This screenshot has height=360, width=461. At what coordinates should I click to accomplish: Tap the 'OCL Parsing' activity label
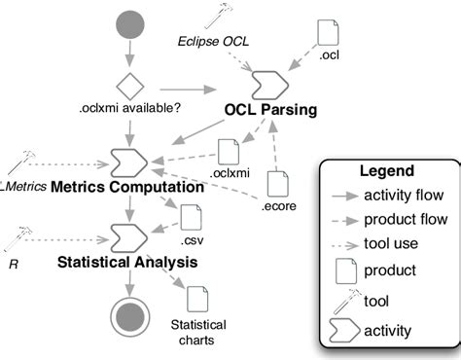(x=270, y=110)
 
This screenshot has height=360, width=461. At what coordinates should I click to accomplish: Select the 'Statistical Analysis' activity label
(x=127, y=262)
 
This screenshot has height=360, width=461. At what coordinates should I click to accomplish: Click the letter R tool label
(x=16, y=262)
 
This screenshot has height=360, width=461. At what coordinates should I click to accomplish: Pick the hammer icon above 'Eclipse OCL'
(x=220, y=16)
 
